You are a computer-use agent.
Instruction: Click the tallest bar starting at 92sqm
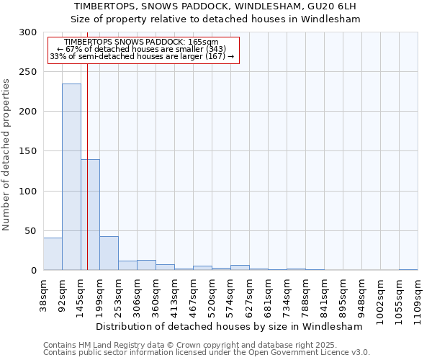tap(71, 177)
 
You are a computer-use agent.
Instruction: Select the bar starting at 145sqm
tap(90, 215)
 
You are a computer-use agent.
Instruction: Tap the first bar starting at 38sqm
tap(53, 254)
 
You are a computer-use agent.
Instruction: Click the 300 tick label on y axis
tap(28, 33)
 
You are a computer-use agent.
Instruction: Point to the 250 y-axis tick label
tap(28, 73)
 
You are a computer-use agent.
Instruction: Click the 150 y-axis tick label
tap(28, 152)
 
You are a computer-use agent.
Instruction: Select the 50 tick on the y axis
tap(31, 231)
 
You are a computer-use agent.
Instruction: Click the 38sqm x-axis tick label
tap(44, 294)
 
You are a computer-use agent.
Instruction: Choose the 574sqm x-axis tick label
tap(231, 296)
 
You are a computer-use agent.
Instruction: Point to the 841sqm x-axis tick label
tap(325, 296)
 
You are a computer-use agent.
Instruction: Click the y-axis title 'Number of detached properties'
tap(7, 156)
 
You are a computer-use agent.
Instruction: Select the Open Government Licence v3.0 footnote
tap(207, 353)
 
